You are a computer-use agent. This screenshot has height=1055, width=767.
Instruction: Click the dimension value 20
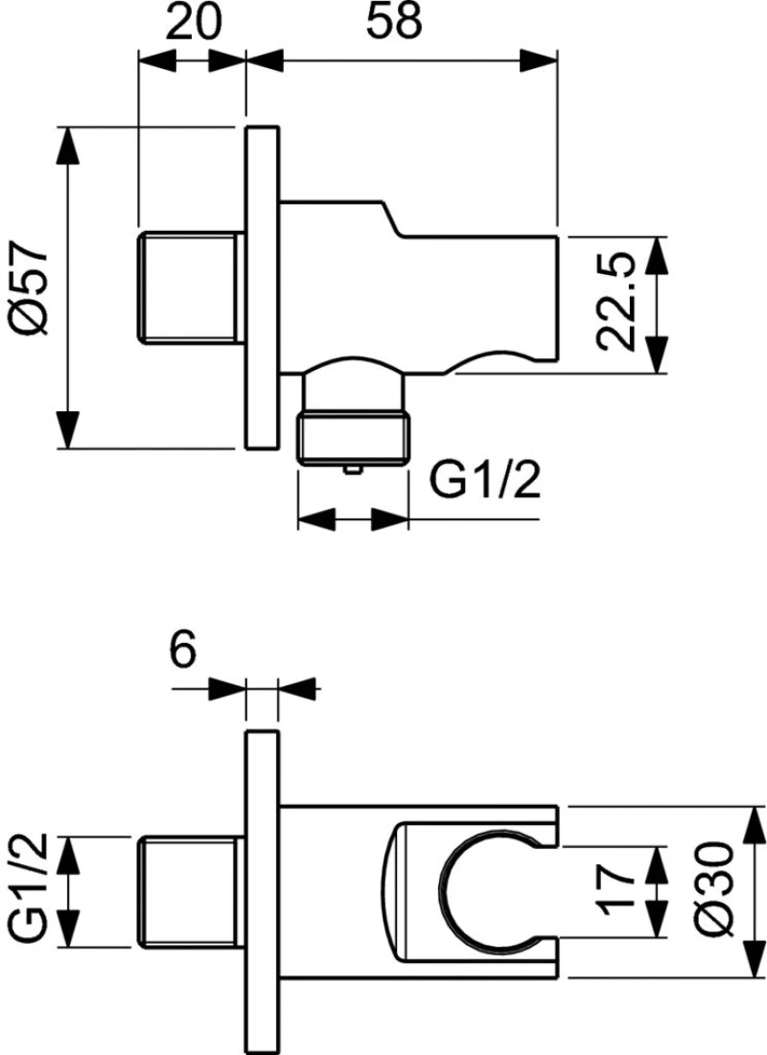pyautogui.click(x=193, y=21)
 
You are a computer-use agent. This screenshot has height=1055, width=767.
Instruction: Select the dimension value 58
pyautogui.click(x=394, y=21)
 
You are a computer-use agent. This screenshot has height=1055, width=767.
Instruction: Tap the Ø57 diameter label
pyautogui.click(x=31, y=287)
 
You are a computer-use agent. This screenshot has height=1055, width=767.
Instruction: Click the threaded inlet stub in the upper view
pyautogui.click(x=191, y=288)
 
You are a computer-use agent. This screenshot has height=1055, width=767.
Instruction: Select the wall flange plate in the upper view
pyautogui.click(x=262, y=287)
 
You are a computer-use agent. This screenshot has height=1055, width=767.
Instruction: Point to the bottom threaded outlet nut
pyautogui.click(x=354, y=438)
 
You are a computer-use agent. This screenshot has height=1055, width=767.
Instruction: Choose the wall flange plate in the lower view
pyautogui.click(x=262, y=892)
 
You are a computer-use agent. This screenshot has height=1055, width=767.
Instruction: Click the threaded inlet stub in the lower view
pyautogui.click(x=191, y=891)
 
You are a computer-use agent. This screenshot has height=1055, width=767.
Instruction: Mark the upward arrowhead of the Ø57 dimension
pyautogui.click(x=68, y=145)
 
